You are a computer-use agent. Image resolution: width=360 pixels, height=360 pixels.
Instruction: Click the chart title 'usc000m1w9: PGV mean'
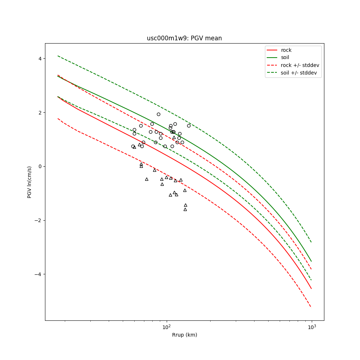point(184,38)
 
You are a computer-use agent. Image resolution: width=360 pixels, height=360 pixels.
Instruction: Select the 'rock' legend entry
point(286,50)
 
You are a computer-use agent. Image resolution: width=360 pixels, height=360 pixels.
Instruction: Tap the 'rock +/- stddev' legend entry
point(300,65)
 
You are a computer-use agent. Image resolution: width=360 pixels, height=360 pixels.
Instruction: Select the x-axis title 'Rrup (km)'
point(184,335)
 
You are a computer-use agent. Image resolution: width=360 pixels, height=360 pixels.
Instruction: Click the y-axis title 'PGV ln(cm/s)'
point(30,182)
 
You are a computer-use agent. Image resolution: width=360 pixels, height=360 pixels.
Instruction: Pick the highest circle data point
point(158,114)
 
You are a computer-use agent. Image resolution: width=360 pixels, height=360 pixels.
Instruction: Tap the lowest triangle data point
point(185,209)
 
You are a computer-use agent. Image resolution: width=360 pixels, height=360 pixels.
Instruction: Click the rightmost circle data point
point(189,126)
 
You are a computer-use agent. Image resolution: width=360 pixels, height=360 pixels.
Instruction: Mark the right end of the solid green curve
point(311,261)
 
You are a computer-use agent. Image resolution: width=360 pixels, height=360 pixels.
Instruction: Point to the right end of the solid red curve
point(311,288)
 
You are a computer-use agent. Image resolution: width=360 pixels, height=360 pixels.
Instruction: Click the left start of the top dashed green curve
point(58,56)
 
